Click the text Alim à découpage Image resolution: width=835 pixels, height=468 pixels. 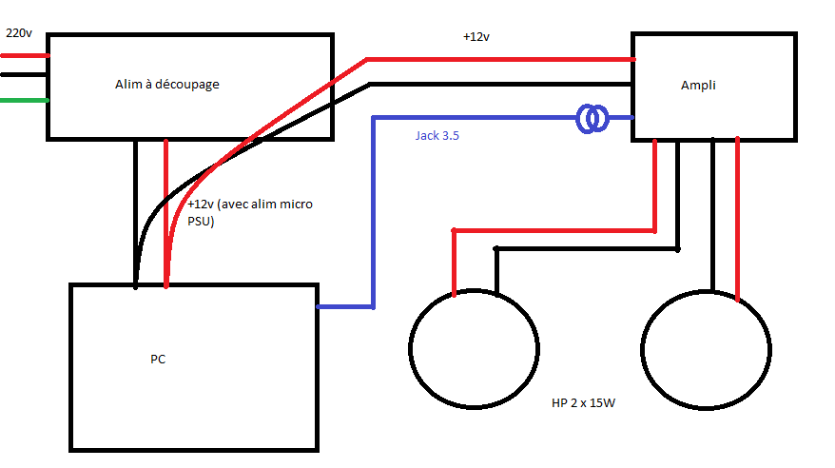pyautogui.click(x=167, y=85)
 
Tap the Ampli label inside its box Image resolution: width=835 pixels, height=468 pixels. pyautogui.click(x=698, y=86)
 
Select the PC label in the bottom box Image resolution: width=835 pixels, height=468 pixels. pyautogui.click(x=158, y=359)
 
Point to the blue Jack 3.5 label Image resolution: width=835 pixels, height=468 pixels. pyautogui.click(x=437, y=135)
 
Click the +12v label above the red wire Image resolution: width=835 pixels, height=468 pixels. pyautogui.click(x=476, y=37)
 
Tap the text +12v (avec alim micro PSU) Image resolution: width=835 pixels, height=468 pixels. pyautogui.click(x=249, y=213)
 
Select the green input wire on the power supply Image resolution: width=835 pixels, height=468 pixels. pyautogui.click(x=24, y=100)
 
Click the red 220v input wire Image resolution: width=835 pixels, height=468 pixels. pyautogui.click(x=24, y=55)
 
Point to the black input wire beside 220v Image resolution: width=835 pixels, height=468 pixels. pyautogui.click(x=24, y=74)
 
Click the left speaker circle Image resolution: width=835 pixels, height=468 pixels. pyautogui.click(x=472, y=349)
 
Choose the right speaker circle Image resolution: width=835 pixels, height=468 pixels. pyautogui.click(x=705, y=349)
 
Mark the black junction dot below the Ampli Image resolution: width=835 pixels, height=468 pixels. pyautogui.click(x=677, y=249)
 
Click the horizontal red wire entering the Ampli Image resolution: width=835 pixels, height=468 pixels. pyautogui.click(x=504, y=60)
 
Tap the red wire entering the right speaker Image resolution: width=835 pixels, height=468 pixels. pyautogui.click(x=738, y=219)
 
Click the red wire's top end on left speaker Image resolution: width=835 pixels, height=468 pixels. pyautogui.click(x=455, y=232)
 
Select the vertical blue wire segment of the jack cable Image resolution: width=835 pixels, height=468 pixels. pyautogui.click(x=373, y=209)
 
